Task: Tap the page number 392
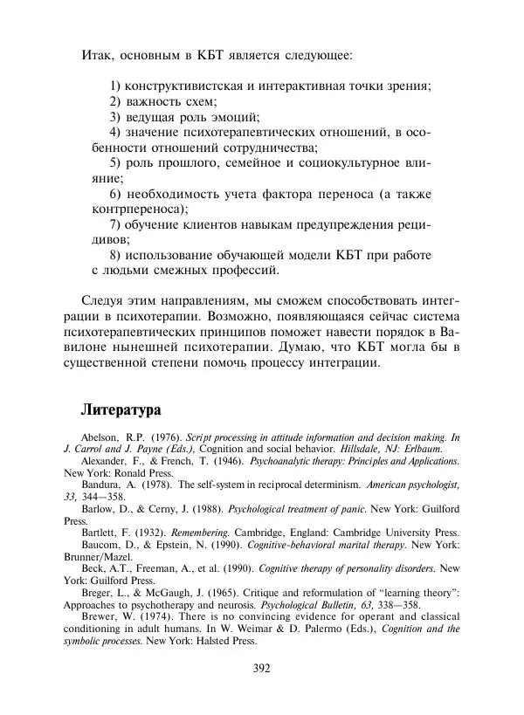261,669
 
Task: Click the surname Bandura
101,484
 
